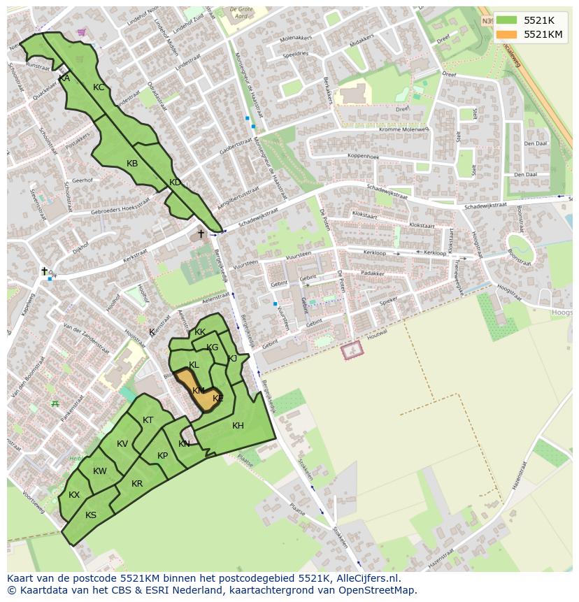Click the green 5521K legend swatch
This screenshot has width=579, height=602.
pos(507,20)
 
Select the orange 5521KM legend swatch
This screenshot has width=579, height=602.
pos(507,34)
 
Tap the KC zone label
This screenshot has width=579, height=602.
pos(99,87)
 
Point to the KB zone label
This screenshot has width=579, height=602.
pos(132,164)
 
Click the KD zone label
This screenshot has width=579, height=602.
pos(175,182)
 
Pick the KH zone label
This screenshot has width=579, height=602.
pos(238,426)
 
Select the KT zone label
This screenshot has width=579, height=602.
pos(148,420)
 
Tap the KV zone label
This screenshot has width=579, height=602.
pos(122,444)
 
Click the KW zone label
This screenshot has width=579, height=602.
pos(100,471)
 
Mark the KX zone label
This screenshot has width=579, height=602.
pos(74,495)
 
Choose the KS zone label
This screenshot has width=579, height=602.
pos(91,515)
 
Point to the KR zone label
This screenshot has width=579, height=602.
pos(137,484)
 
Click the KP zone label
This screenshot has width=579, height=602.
pos(162,456)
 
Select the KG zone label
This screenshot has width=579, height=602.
pos(213,347)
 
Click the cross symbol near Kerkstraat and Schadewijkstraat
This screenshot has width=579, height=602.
pos(201,234)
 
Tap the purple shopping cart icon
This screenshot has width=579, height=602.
pos(82,32)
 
